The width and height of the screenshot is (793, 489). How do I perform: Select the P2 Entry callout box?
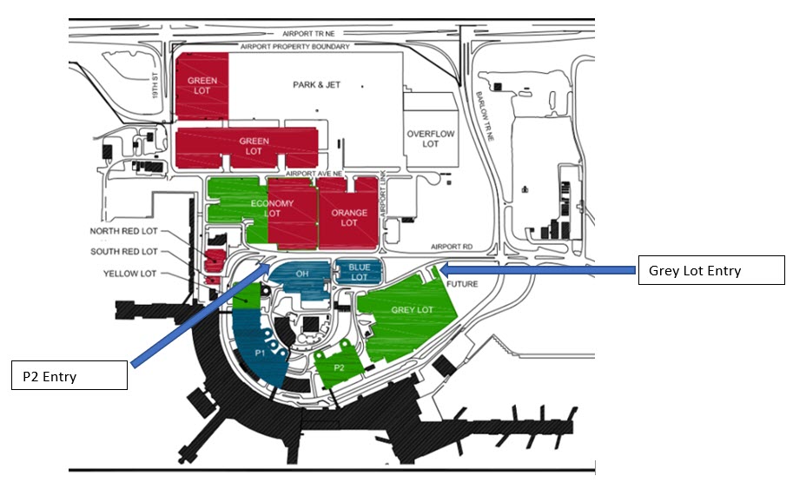pyautogui.click(x=69, y=376)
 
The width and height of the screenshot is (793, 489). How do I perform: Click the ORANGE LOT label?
pyautogui.click(x=349, y=218)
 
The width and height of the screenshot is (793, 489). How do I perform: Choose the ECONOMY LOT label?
pyautogui.click(x=273, y=208)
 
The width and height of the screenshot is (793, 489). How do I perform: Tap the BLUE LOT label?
pyautogui.click(x=359, y=272)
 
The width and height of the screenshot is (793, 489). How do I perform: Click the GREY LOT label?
pyautogui.click(x=412, y=310)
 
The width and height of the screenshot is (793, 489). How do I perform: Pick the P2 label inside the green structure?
pyautogui.click(x=339, y=367)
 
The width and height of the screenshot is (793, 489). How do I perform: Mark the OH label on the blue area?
pyautogui.click(x=302, y=274)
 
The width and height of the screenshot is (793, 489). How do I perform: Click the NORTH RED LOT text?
pyautogui.click(x=124, y=232)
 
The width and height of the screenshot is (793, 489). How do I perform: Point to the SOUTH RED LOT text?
pyautogui.click(x=124, y=252)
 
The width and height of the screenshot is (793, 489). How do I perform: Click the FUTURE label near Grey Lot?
pyautogui.click(x=460, y=284)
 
